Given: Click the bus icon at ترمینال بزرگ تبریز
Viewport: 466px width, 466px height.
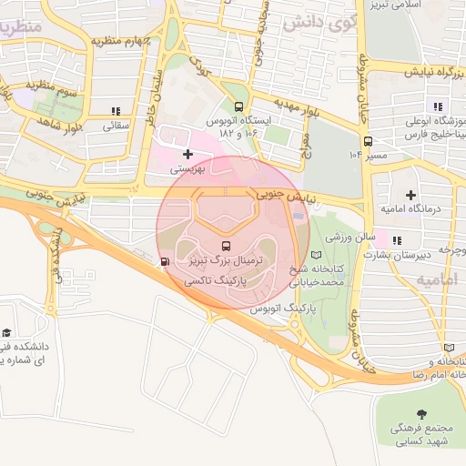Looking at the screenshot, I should click(226, 245).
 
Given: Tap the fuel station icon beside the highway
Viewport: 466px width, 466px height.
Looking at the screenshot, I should click(164, 263).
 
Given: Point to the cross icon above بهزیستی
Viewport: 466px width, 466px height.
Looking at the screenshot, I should click(188, 154).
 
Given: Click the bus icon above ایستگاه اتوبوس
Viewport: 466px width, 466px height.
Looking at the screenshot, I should click(238, 106).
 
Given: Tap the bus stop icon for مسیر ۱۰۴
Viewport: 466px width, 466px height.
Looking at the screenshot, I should click(368, 141).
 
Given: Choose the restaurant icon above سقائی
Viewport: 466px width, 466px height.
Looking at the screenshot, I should click(115, 110).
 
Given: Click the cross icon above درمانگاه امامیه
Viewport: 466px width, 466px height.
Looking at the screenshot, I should click(410, 194).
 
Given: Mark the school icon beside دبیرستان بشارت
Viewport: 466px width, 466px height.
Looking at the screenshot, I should click(395, 239).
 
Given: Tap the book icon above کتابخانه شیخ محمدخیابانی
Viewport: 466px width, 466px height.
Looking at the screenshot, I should click(317, 256).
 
